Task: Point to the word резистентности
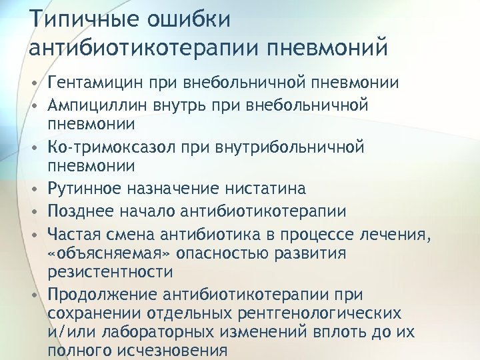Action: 111,272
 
